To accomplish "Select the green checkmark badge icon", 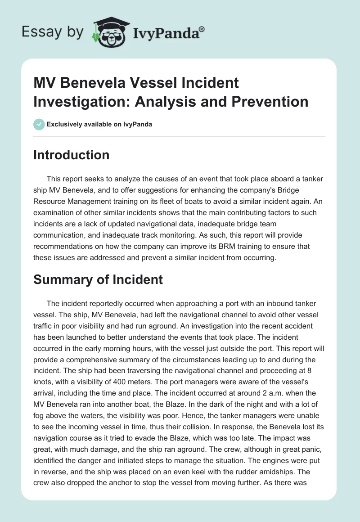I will point(39,124).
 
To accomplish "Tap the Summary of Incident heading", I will point(99,279).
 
